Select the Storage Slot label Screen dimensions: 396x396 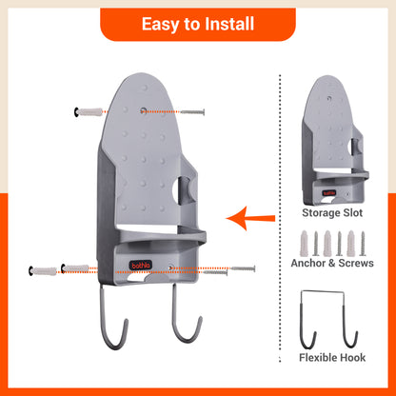[x=335, y=213]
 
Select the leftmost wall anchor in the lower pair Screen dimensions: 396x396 [x=45, y=271]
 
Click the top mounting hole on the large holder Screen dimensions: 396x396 [x=144, y=111]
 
